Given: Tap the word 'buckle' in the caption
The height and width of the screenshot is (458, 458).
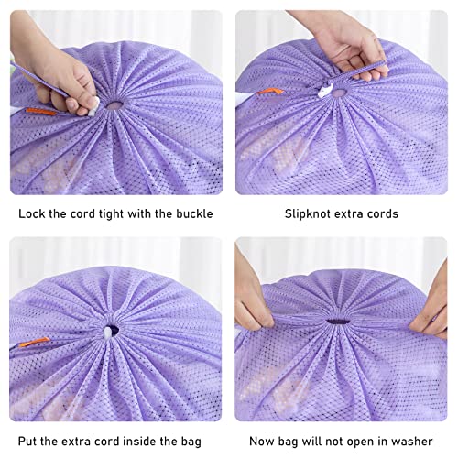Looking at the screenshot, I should tap(193, 214).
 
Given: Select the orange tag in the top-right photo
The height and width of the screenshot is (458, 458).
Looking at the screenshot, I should tap(267, 93).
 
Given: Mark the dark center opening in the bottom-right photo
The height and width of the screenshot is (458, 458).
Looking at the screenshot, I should tap(341, 321).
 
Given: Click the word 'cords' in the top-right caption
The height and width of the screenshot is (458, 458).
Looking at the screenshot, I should tap(382, 214).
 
